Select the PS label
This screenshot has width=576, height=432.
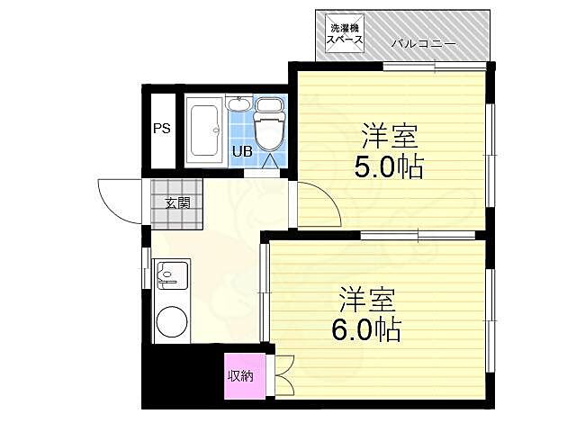[161, 129]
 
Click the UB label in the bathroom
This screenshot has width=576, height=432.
[243, 151]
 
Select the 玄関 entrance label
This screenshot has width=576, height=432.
[176, 202]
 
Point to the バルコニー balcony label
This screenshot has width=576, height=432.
[423, 44]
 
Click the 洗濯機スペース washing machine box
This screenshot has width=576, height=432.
[344, 34]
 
